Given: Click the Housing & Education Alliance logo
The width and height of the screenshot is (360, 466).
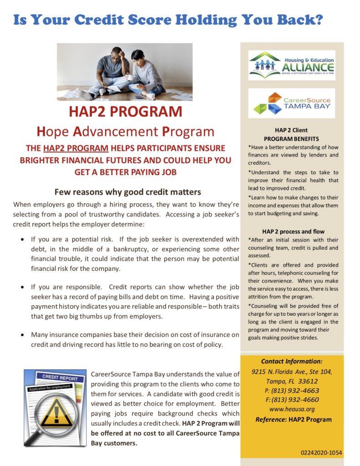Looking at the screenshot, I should coord(291,65).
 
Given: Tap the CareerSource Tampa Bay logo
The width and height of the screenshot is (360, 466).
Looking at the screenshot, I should coord(291,103).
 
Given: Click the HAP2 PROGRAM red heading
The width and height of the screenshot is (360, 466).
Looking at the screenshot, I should coord(125,111).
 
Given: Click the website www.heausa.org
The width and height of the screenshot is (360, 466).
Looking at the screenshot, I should coord(291,409).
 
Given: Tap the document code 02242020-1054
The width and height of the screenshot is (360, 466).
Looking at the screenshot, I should coord(321,453).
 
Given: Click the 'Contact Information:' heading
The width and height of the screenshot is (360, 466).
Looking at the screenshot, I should coord(292,361).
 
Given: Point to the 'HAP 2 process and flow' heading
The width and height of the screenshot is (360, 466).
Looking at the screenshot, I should coord(293,231).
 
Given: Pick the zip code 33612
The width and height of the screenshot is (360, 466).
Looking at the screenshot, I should coord(307,381).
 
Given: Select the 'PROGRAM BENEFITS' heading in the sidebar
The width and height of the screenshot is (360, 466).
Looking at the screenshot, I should coord(291,138).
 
